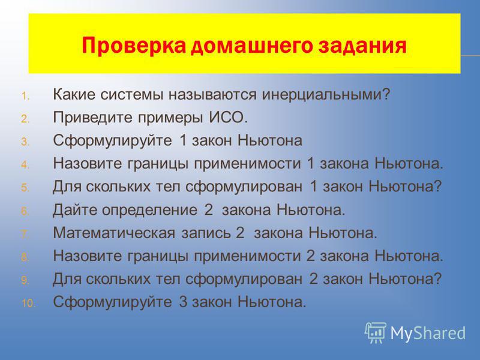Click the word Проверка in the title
(133, 46)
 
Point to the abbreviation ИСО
(229, 117)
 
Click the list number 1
(25, 96)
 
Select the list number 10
(29, 304)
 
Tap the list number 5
(25, 188)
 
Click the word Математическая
(114, 233)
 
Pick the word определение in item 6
(149, 211)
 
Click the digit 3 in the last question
(183, 302)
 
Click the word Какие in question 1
(74, 94)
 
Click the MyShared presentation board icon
(376, 332)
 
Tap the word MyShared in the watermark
(428, 333)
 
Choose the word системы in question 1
(132, 95)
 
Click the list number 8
(25, 257)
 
